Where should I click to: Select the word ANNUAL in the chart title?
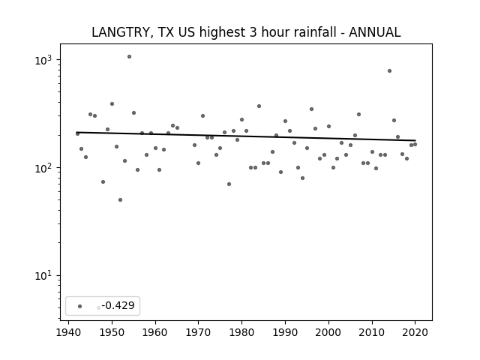tap(375, 32)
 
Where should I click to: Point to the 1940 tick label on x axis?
tap(68, 332)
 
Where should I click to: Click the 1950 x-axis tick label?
tap(112, 332)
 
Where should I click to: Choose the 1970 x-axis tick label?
tap(198, 332)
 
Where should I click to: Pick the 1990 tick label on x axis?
tap(285, 332)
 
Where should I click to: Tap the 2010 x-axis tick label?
tap(372, 332)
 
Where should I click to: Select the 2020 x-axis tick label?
tap(415, 332)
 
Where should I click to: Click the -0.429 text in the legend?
tap(118, 305)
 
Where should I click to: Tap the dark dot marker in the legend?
tap(80, 306)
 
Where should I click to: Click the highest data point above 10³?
tap(129, 57)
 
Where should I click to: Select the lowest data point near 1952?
tap(120, 200)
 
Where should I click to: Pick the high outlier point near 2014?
tap(389, 70)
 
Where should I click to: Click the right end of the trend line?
tap(415, 140)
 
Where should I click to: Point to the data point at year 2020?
tap(415, 144)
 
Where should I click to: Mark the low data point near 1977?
tap(229, 184)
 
